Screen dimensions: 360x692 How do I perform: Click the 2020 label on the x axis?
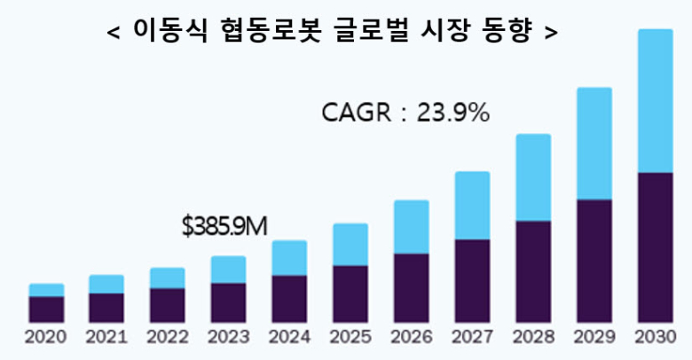[x=46, y=338]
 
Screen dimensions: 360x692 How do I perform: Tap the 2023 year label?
[x=228, y=338]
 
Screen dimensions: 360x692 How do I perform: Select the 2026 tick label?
[x=411, y=338]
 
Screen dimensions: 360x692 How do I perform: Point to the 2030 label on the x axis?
[x=655, y=338]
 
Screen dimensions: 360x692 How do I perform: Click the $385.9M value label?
[x=224, y=227]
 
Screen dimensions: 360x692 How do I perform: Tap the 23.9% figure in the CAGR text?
[x=453, y=113]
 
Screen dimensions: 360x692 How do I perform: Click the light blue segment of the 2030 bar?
[x=655, y=100]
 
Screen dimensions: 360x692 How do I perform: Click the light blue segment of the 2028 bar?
[x=533, y=177]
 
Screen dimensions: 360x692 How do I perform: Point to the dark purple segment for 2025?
[x=350, y=293]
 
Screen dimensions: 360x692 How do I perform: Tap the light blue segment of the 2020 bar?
[x=46, y=290]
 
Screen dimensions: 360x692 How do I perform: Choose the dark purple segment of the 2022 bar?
[x=168, y=305]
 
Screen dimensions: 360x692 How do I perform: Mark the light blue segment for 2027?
[x=472, y=206]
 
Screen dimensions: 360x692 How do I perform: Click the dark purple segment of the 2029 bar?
[x=594, y=261]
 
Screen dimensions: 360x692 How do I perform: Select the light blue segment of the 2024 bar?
[x=289, y=258]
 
